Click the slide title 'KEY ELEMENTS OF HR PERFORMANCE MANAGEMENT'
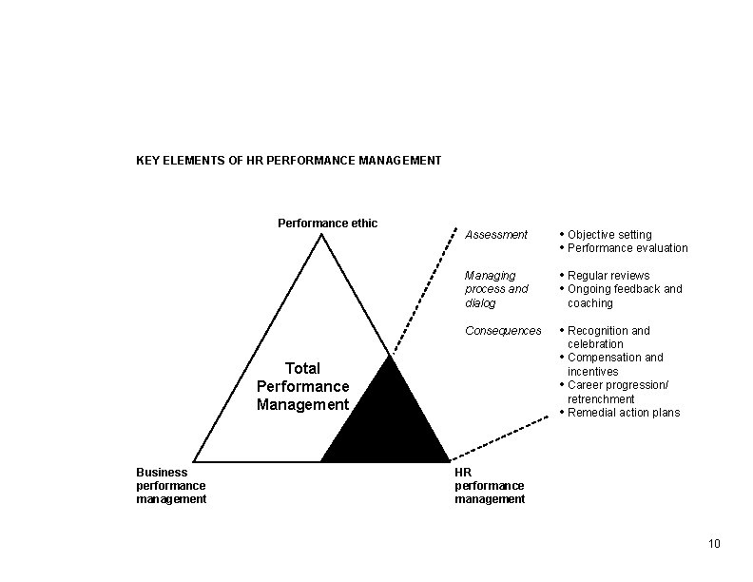pos(288,161)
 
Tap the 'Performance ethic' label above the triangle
pos(327,223)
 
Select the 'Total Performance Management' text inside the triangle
pos(302,387)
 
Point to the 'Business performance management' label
pos(171,485)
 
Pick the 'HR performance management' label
pos(489,485)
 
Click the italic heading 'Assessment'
pos(495,235)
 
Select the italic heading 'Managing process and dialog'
pos(495,289)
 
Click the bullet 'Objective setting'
pos(609,235)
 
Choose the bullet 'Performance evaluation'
pos(627,248)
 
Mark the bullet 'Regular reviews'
pos(608,276)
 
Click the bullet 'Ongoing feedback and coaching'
pos(624,296)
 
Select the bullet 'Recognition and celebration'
pos(608,338)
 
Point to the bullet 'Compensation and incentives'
pos(614,364)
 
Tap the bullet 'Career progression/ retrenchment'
pos(617,392)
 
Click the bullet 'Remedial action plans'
pos(623,413)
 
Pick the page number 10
pos(714,544)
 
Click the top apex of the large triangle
pos(321,235)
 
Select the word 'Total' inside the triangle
pos(302,368)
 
